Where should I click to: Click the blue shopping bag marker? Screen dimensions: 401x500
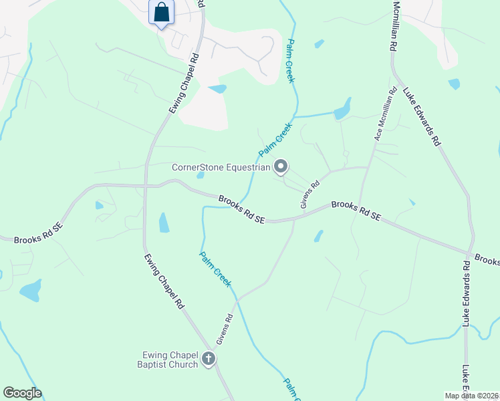[162, 13]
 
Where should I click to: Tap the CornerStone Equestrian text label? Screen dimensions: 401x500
[221, 167]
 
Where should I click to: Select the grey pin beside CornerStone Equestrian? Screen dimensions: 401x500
[281, 166]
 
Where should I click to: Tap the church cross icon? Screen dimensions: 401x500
[209, 360]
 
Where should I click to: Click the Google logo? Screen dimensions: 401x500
[22, 393]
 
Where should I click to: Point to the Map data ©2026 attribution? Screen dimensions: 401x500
[471, 396]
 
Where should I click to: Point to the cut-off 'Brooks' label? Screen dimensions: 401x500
[487, 259]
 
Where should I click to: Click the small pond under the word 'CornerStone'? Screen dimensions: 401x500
[201, 176]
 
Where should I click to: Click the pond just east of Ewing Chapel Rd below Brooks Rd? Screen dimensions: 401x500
[164, 223]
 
